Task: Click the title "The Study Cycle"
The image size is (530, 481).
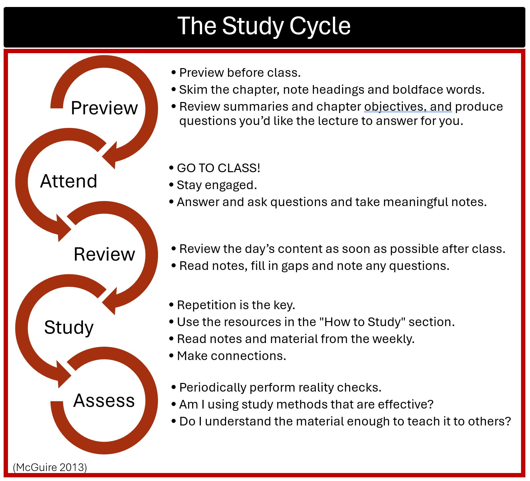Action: click(x=264, y=26)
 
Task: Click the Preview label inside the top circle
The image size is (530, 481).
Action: click(x=104, y=108)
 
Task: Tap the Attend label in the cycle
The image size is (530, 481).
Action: click(x=69, y=181)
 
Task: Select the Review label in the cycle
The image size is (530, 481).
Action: click(x=104, y=254)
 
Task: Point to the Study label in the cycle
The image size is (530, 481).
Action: click(x=69, y=327)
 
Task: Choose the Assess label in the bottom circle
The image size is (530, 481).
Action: click(x=104, y=400)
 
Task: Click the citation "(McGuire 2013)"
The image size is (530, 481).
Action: click(x=50, y=467)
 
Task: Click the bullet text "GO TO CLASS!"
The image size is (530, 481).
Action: click(x=218, y=168)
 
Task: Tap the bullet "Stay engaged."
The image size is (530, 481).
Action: click(x=217, y=185)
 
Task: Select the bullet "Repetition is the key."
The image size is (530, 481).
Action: click(x=236, y=305)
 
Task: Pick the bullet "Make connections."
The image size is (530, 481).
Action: click(x=231, y=356)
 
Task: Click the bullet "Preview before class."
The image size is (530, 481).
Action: click(x=240, y=72)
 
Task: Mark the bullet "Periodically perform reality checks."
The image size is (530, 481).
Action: click(x=280, y=387)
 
